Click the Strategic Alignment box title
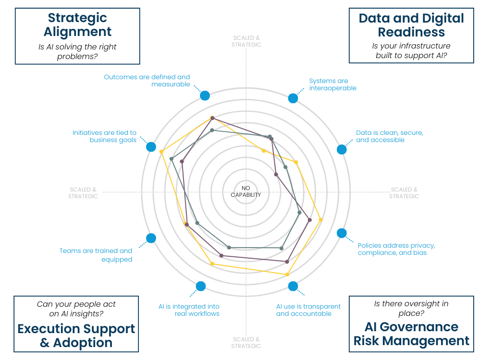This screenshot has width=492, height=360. tap(77, 25)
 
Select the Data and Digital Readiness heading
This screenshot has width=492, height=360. tap(411, 25)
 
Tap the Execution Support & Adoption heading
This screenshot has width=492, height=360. tap(76, 336)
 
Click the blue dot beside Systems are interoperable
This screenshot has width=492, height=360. tap(293, 98)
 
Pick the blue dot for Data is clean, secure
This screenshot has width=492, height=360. tap(342, 149)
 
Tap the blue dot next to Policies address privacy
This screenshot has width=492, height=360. tap(342, 233)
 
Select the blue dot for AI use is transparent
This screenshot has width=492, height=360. tap(293, 287)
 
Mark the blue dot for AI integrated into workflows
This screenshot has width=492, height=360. tap(201, 287)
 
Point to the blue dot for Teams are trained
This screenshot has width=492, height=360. tap(151, 238)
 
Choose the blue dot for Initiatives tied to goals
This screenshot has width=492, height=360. tap(151, 147)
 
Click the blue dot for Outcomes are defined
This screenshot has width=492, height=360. tap(205, 96)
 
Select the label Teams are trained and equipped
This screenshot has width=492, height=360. tap(96, 255)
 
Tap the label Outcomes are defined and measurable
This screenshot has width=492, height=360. tap(147, 80)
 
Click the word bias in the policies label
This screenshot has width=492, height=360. tap(420, 253)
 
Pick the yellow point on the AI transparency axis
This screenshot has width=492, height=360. tap(287, 275)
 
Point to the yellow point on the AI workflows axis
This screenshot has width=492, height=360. tap(212, 263)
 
